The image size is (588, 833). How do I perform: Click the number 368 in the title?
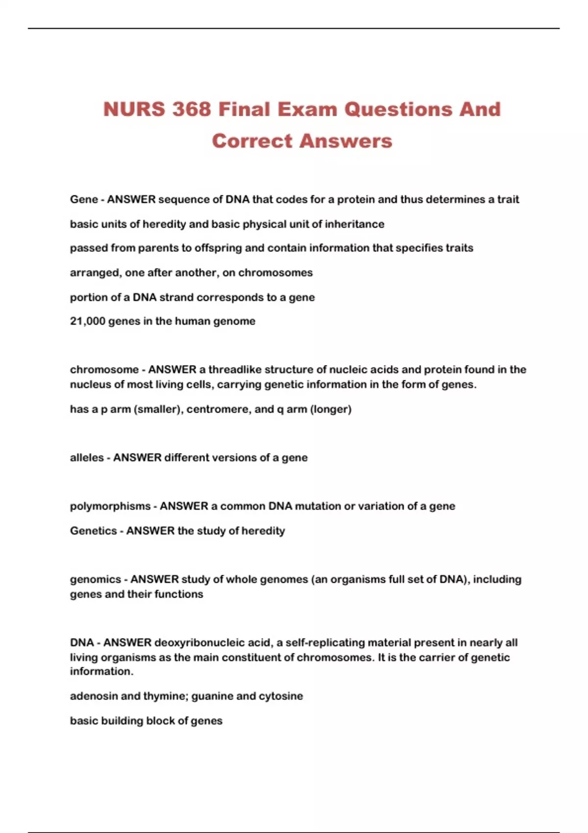(192, 109)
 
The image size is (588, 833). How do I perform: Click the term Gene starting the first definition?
(84, 199)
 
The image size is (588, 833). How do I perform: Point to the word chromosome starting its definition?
(104, 369)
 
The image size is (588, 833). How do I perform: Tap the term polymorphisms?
(110, 506)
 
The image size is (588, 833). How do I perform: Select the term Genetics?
(94, 531)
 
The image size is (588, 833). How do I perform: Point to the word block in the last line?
(147, 721)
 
